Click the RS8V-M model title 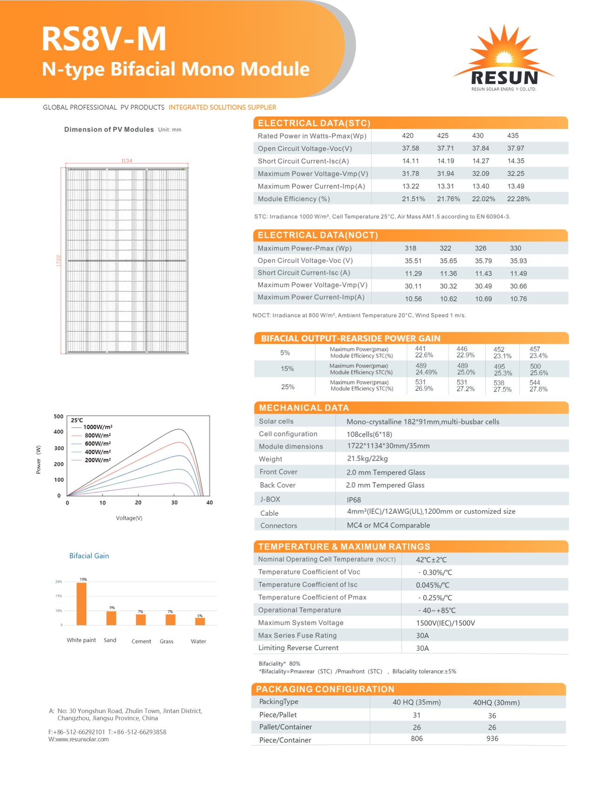(x=104, y=39)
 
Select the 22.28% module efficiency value (x=518, y=199)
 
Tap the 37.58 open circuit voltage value (x=410, y=148)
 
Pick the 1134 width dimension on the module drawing (x=127, y=161)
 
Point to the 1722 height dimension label (x=59, y=260)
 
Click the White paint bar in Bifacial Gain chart (x=81, y=603)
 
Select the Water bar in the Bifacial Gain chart (x=200, y=621)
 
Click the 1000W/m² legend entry (x=97, y=427)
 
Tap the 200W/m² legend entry (x=97, y=460)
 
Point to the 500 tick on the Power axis (x=59, y=417)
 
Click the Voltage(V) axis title (x=129, y=518)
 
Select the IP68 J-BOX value (x=354, y=499)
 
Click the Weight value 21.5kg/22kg (x=367, y=459)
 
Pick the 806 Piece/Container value (x=417, y=739)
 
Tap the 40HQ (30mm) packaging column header (x=496, y=702)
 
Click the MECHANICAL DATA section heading (x=304, y=408)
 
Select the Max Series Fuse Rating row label (x=298, y=635)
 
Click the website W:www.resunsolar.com (x=79, y=739)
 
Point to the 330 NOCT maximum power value (x=515, y=248)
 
